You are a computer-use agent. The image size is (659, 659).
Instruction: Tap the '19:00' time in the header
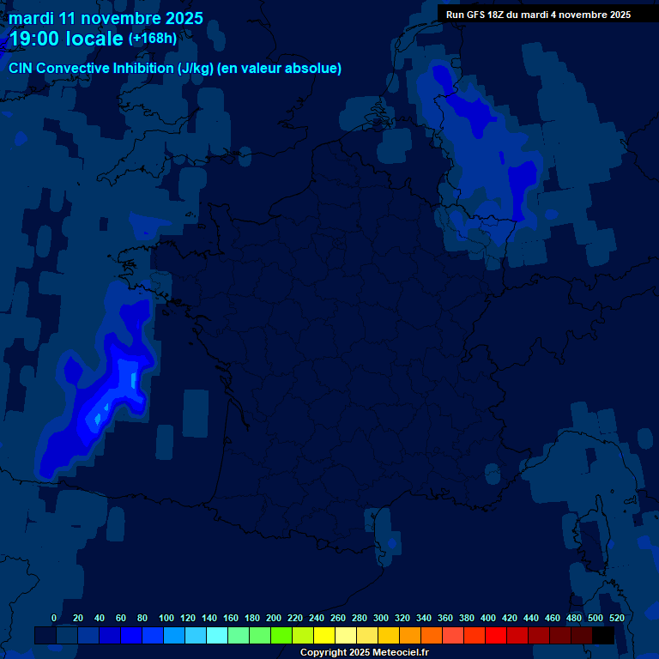(36, 39)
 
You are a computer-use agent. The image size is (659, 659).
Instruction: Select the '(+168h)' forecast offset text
(152, 38)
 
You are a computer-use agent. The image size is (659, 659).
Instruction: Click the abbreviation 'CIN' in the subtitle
(21, 68)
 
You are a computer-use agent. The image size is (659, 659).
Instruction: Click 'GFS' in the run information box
(476, 15)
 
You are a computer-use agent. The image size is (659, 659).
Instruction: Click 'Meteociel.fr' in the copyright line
(401, 653)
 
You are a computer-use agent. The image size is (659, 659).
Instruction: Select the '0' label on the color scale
(54, 618)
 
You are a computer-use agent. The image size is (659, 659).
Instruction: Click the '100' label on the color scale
(166, 618)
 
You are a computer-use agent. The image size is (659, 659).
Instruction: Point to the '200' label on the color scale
(274, 618)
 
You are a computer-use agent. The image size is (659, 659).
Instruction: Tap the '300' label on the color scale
(381, 618)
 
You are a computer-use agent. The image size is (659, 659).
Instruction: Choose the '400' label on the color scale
(488, 618)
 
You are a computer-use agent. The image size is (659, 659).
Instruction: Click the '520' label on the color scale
(616, 618)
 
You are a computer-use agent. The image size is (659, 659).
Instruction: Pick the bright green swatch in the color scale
(281, 635)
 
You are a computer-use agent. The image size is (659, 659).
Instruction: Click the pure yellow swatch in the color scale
(324, 635)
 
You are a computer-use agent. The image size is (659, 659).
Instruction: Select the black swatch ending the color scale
(603, 635)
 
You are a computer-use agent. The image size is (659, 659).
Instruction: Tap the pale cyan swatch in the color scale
(217, 635)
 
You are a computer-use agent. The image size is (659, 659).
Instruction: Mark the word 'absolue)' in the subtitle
(315, 68)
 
